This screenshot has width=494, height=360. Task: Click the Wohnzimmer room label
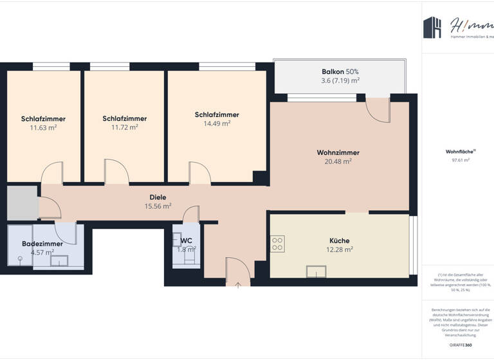click(x=338, y=152)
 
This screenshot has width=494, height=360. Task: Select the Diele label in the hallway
click(x=158, y=197)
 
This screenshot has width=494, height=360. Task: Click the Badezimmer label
click(x=42, y=244)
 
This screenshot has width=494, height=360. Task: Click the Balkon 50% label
click(x=340, y=71)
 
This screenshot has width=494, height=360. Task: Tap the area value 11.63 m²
click(x=43, y=127)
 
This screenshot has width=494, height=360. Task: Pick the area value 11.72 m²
click(x=124, y=127)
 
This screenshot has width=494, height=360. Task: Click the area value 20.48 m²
click(x=338, y=161)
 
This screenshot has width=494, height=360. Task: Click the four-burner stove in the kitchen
click(x=278, y=244)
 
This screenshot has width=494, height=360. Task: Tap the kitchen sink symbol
click(x=316, y=271)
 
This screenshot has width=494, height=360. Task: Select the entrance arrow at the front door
click(x=237, y=283)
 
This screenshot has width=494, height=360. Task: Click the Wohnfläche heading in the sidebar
click(x=459, y=152)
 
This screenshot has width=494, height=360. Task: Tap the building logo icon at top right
click(x=432, y=27)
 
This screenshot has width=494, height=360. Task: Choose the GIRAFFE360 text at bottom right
click(x=460, y=346)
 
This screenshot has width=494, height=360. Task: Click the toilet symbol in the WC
click(x=189, y=256)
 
